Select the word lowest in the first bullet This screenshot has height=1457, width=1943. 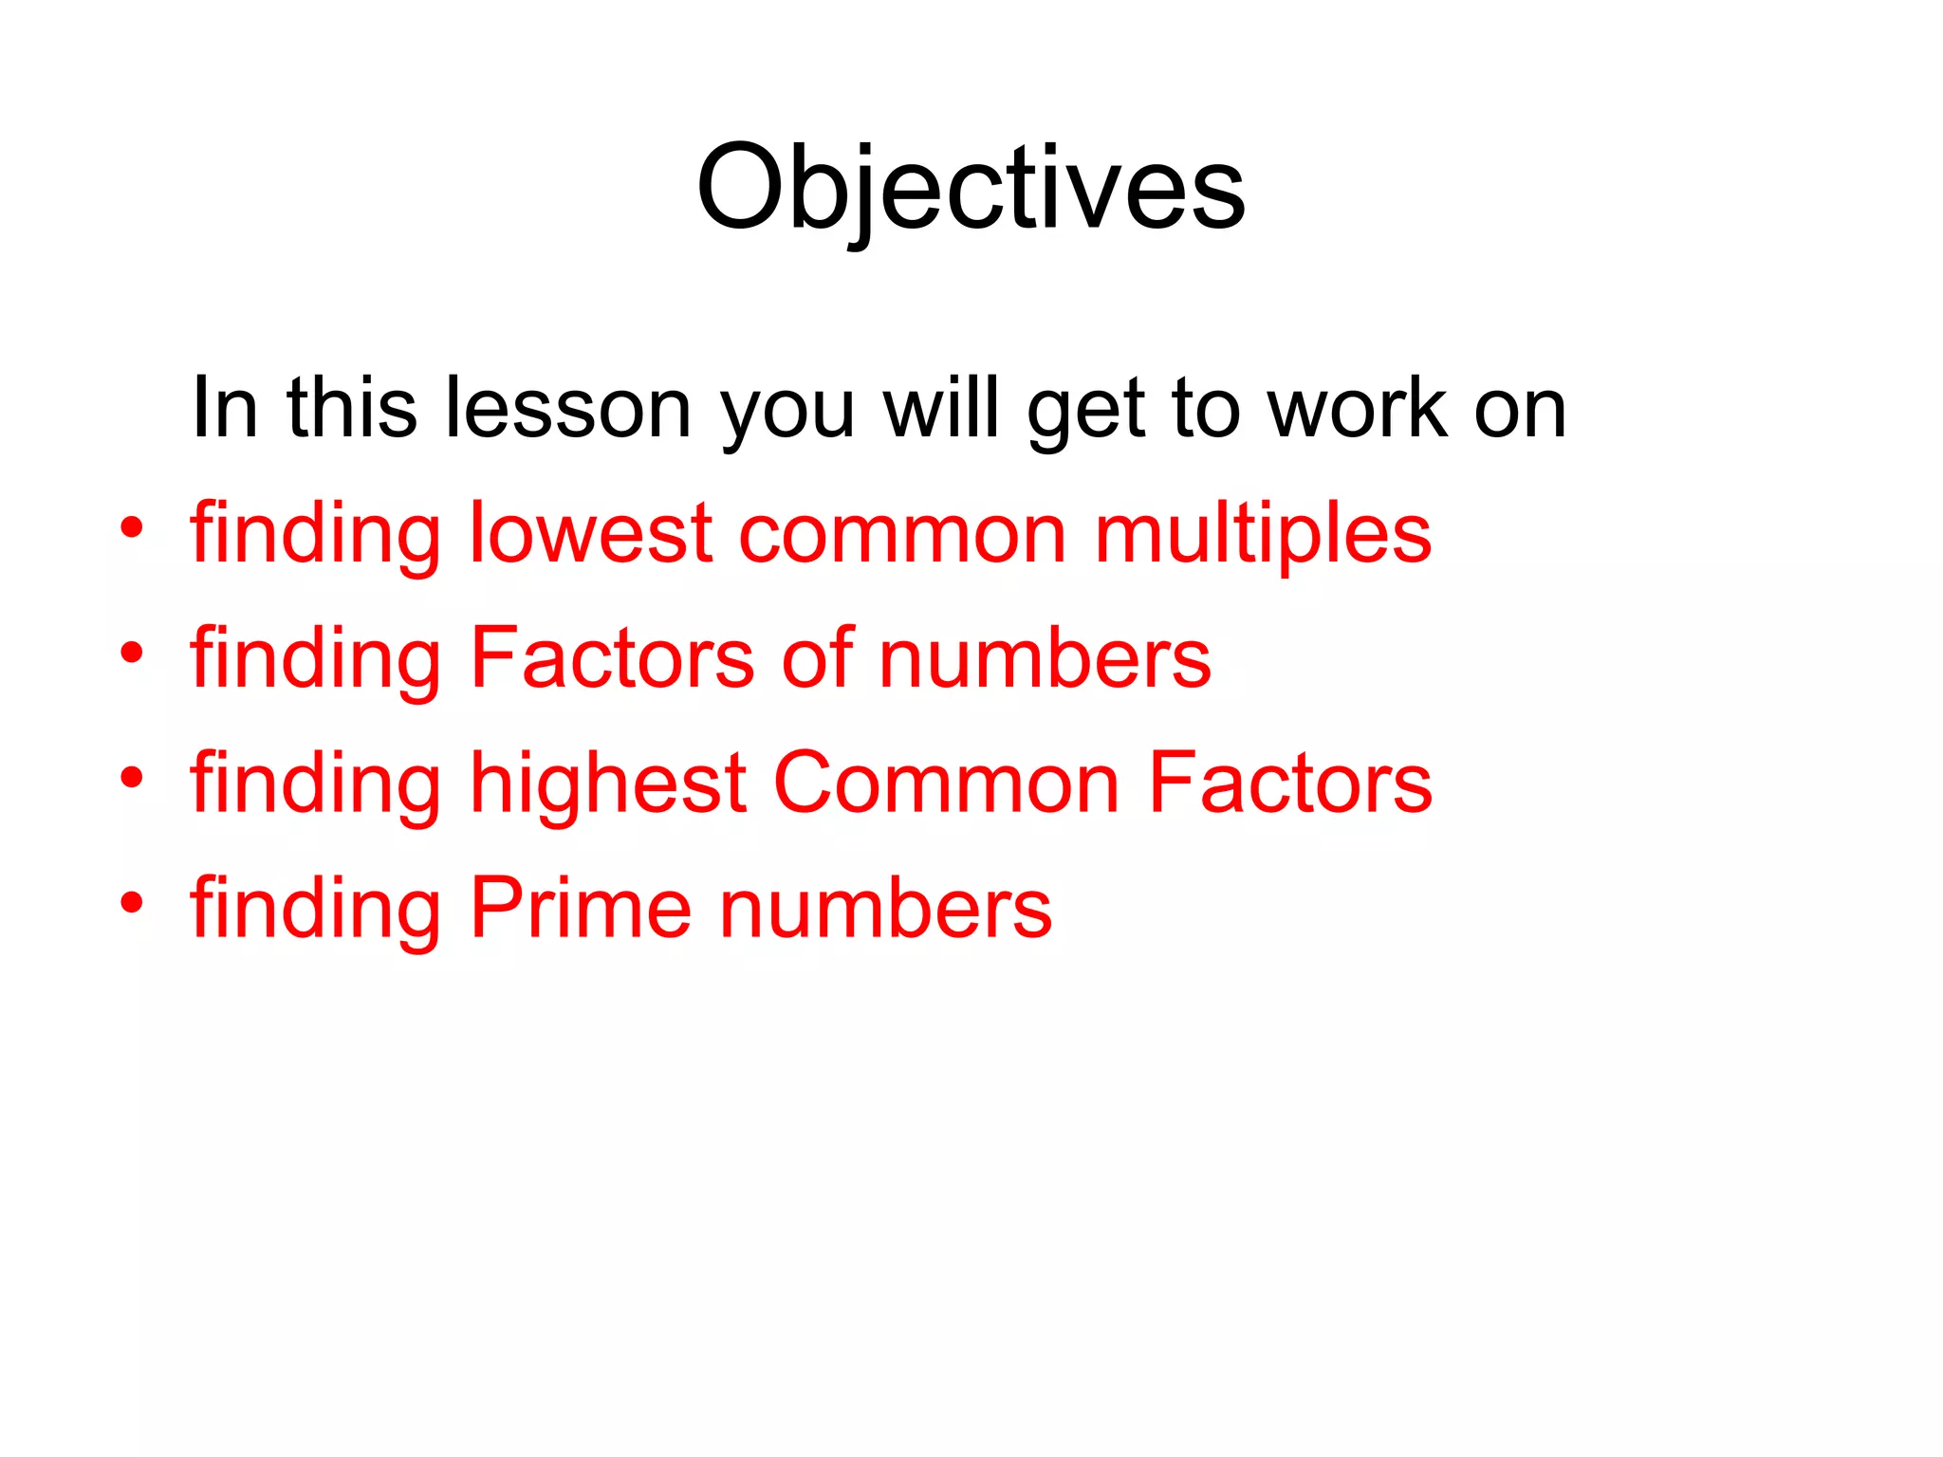pos(590,533)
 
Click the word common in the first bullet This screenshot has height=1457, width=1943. pos(902,535)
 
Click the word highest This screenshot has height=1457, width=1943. pos(608,784)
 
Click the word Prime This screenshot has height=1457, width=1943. pos(581,908)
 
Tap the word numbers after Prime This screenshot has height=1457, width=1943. pos(886,908)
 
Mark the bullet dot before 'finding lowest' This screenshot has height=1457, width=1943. pos(131,527)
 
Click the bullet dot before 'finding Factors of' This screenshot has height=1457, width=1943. pos(131,653)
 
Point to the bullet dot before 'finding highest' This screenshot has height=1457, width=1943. pos(131,778)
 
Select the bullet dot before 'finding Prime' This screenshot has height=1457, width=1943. pos(131,903)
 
